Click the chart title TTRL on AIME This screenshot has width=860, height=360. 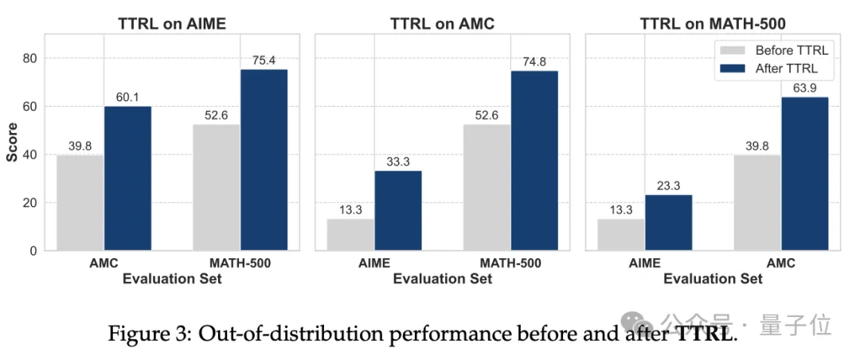pos(172,24)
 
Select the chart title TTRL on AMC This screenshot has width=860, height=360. pos(442,24)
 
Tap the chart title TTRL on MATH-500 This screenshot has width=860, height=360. pos(713,24)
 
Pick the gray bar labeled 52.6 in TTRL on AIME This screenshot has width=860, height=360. pos(217,187)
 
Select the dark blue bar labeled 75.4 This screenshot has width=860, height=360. pos(264,160)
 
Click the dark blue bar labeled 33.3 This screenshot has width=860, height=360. pos(398,210)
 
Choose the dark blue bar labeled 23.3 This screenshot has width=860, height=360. pos(668,222)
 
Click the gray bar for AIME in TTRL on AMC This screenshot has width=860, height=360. pos(350,234)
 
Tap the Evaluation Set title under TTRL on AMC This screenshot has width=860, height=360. pos(442,279)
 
